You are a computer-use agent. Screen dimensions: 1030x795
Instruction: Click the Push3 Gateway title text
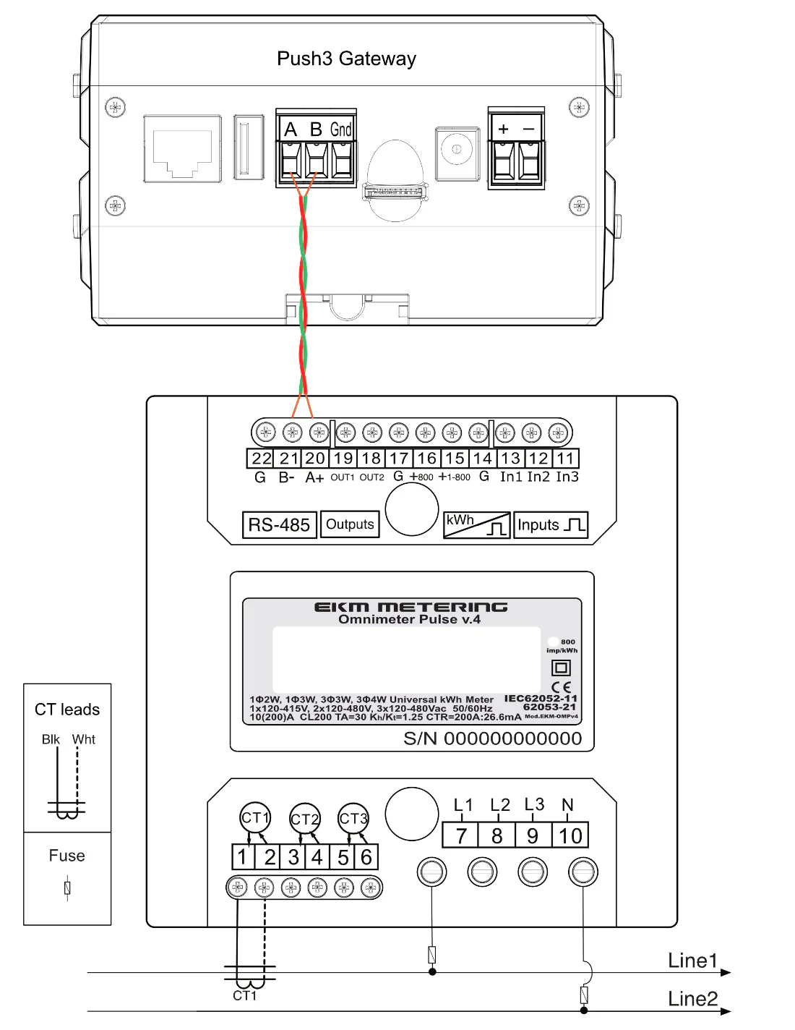(346, 59)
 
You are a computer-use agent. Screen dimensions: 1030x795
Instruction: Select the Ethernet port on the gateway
(182, 148)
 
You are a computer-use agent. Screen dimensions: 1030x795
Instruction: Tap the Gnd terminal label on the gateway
(341, 129)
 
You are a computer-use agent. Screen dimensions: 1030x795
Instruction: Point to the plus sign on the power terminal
(504, 129)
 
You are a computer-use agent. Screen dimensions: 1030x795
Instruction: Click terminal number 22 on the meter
(261, 459)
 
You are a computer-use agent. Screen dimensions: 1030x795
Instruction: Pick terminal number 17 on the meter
(399, 459)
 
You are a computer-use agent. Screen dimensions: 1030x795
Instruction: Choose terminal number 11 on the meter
(565, 459)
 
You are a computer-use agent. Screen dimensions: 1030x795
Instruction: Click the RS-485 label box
(279, 525)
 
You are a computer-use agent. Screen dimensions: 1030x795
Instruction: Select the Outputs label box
(350, 524)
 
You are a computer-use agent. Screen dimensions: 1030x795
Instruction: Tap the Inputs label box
(551, 525)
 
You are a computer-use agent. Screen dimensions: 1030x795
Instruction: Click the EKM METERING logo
(411, 607)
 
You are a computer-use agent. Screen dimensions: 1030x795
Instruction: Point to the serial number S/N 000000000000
(492, 739)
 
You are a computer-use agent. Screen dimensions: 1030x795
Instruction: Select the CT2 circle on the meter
(304, 819)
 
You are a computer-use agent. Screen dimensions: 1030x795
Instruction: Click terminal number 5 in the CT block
(343, 857)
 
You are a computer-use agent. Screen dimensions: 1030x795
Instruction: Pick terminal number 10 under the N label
(570, 835)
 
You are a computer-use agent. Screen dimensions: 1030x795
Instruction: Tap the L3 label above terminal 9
(534, 804)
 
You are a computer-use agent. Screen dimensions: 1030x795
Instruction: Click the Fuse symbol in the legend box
(67, 887)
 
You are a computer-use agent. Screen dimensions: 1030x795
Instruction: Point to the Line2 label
(692, 999)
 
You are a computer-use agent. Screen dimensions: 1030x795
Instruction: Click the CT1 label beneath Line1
(244, 996)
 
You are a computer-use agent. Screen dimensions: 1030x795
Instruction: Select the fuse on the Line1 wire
(432, 955)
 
